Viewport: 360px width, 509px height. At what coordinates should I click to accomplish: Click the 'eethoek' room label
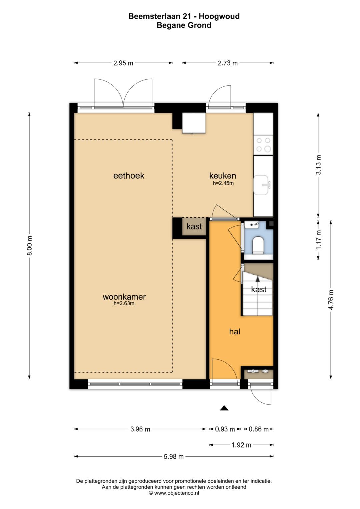tap(129, 176)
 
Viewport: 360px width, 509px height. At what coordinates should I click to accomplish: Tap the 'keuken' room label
tap(223, 176)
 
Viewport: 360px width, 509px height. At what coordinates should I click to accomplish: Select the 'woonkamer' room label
tap(124, 297)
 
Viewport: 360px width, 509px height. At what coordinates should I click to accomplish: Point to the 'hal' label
tap(235, 332)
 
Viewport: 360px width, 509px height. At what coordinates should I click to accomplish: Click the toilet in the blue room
tap(258, 245)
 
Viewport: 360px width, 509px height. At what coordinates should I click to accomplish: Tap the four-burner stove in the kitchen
tap(263, 145)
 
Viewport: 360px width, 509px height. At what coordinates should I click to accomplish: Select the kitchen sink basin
tap(261, 185)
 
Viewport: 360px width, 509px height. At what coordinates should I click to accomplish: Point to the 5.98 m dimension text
tap(174, 456)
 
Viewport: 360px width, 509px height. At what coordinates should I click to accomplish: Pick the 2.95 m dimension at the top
tap(123, 63)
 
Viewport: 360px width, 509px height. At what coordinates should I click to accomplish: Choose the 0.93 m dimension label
tap(225, 429)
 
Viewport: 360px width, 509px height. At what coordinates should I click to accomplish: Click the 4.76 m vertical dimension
tap(331, 300)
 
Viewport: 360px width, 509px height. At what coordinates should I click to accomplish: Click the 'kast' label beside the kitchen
tap(194, 226)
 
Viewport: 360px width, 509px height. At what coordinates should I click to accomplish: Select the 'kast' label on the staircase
tap(259, 289)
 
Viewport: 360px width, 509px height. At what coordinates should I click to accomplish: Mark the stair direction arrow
tap(258, 279)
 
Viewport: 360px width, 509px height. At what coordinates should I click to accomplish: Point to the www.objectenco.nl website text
tap(177, 493)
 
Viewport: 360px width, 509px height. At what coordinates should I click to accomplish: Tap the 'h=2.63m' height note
tap(124, 303)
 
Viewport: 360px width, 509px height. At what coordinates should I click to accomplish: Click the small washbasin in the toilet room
tap(252, 225)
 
